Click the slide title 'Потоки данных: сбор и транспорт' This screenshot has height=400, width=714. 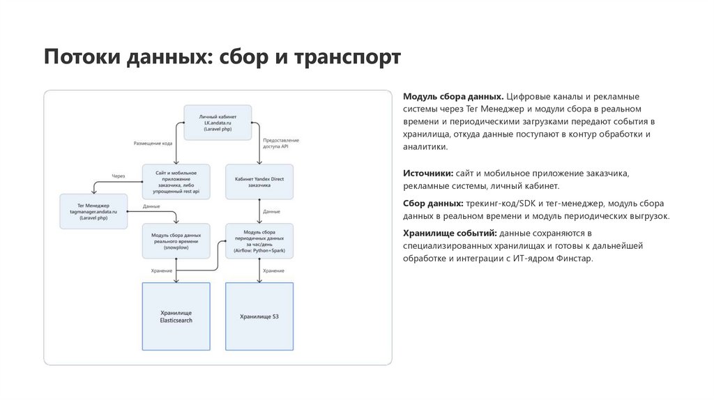222,57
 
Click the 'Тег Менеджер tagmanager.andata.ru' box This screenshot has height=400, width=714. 94,210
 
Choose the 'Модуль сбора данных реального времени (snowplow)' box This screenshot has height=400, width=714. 176,240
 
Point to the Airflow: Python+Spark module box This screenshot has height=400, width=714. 259,240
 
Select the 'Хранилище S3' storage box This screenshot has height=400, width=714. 259,316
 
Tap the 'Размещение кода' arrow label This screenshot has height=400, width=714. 153,144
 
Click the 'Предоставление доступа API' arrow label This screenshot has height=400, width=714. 281,144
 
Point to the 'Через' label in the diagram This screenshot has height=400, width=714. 118,176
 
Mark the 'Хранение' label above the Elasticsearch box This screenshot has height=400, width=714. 162,270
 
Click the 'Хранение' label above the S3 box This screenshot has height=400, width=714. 273,270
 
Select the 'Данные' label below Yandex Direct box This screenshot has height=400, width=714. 272,211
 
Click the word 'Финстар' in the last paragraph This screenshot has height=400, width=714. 575,259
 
